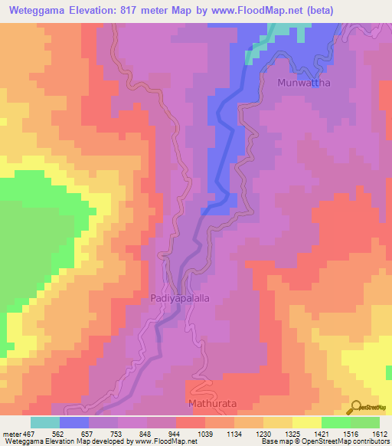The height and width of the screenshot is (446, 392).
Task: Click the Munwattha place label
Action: tap(305, 83)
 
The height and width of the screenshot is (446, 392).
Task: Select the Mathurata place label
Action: tap(209, 402)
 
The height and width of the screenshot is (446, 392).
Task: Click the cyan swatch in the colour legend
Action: tap(45, 422)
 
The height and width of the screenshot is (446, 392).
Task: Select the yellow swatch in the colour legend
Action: tap(306, 422)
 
